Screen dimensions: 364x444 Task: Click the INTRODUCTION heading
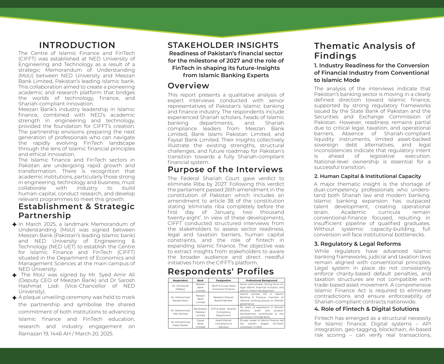(77, 45)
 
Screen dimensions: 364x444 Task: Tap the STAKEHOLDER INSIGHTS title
(223, 45)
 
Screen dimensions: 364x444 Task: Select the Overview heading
(188, 85)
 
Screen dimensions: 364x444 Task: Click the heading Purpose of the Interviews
(225, 169)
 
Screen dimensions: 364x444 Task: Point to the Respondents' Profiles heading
(221, 271)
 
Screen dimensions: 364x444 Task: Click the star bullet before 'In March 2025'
(15, 224)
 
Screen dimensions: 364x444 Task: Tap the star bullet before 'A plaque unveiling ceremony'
(15, 298)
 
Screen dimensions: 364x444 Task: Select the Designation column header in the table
(223, 280)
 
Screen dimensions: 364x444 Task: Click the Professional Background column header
(261, 280)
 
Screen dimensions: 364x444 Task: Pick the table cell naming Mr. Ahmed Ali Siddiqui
(180, 287)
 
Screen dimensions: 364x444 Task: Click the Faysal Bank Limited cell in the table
(200, 324)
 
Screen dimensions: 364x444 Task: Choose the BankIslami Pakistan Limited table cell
(200, 312)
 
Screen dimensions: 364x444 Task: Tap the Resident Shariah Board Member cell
(223, 299)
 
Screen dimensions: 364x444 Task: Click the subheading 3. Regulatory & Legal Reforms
(357, 244)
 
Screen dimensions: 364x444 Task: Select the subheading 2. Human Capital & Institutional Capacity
(368, 176)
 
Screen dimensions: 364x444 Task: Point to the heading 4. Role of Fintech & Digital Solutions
(367, 309)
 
